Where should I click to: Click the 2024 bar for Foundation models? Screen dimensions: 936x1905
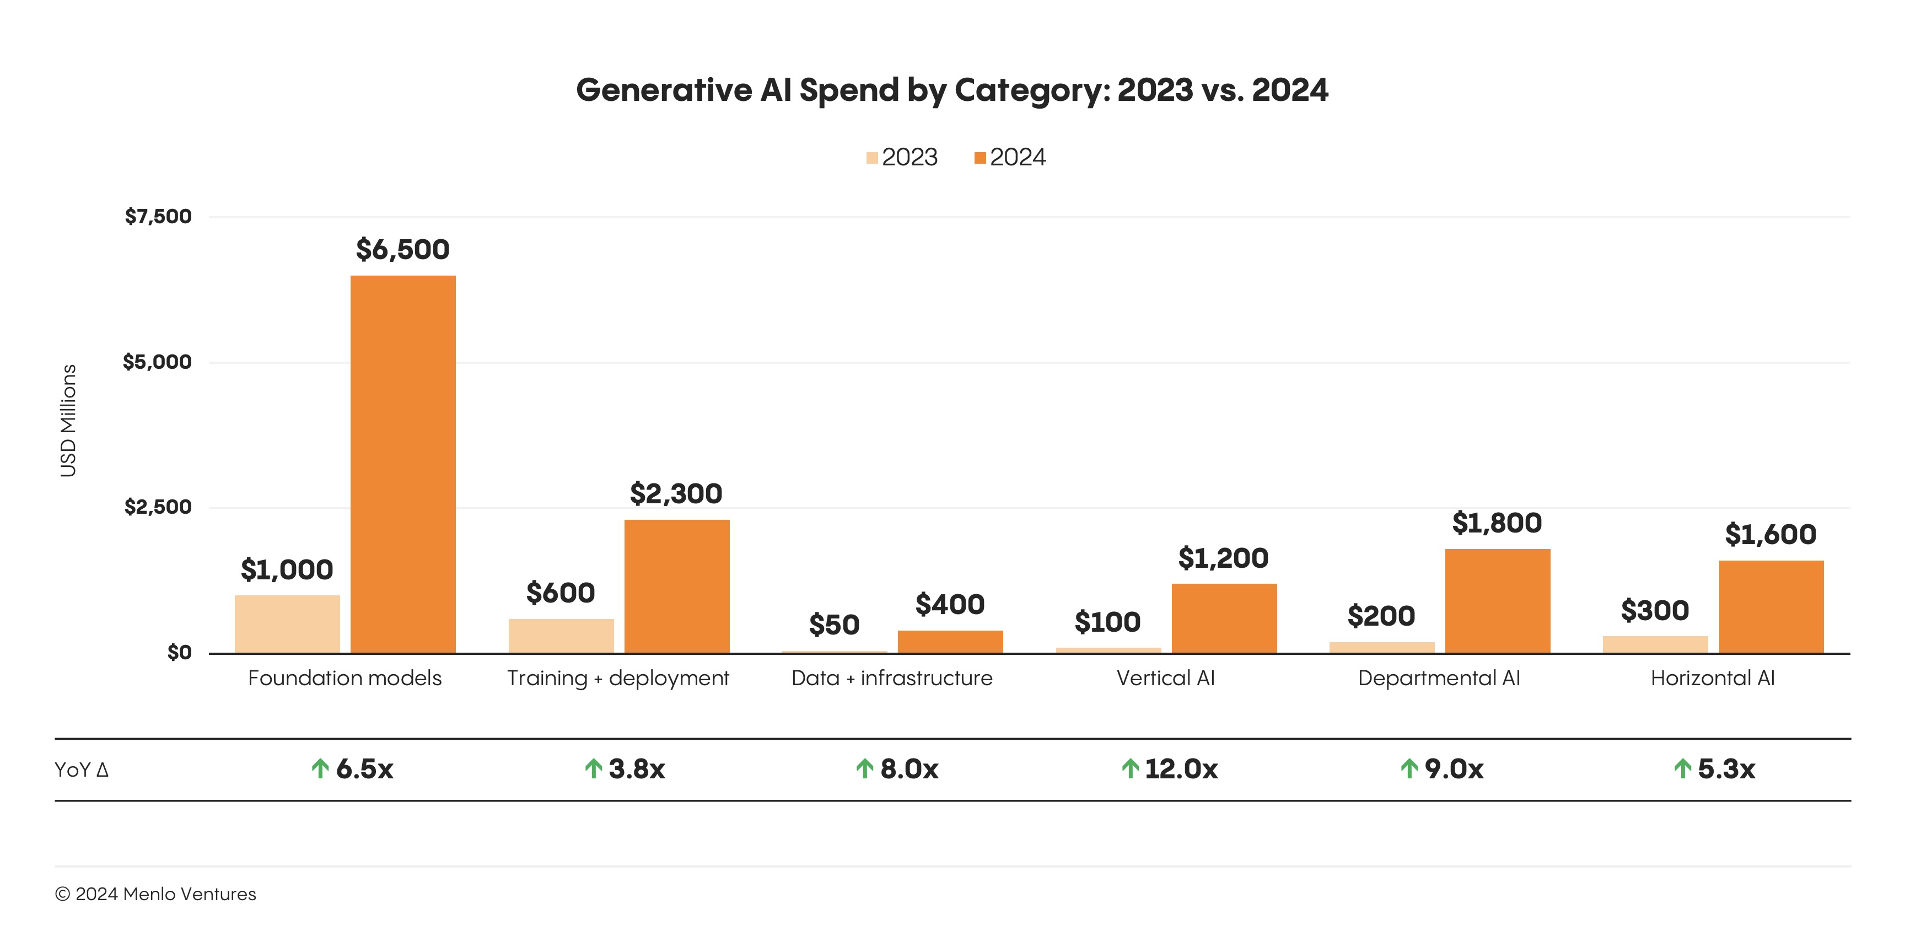(x=403, y=464)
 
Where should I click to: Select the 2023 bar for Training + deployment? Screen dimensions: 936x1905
(x=561, y=636)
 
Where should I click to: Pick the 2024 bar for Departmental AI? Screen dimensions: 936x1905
(x=1498, y=600)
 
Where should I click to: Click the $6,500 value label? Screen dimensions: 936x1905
(x=403, y=250)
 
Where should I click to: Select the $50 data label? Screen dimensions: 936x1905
(x=834, y=625)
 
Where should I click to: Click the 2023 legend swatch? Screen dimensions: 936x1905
(x=872, y=158)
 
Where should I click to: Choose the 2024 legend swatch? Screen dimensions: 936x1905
(x=980, y=158)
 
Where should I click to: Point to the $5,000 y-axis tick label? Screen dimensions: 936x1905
(x=157, y=362)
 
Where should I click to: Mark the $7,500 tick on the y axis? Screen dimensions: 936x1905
(x=158, y=217)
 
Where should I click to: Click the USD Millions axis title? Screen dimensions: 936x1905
(x=68, y=421)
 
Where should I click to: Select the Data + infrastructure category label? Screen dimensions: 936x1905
(x=892, y=678)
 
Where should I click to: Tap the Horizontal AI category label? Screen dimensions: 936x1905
(x=1713, y=678)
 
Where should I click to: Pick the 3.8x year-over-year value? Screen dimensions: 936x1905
(x=637, y=770)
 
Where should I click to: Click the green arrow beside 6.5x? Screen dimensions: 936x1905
(x=320, y=769)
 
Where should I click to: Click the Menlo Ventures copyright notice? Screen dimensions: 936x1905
(x=155, y=895)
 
